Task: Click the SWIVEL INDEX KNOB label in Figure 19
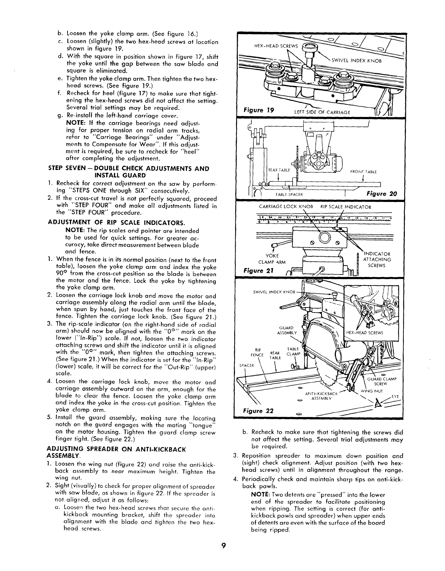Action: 356,60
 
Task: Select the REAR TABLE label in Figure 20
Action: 280,170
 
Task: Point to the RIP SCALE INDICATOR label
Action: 346,207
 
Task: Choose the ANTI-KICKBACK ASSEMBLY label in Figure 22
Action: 321,396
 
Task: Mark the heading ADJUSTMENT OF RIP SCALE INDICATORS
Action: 117,223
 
